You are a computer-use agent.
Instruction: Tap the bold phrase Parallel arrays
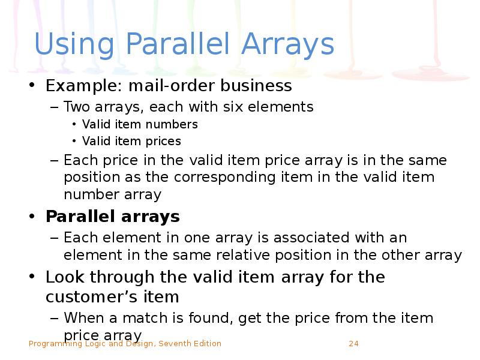click(113, 216)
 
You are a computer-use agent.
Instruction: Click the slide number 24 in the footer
click(353, 344)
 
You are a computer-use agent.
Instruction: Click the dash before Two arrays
click(55, 107)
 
